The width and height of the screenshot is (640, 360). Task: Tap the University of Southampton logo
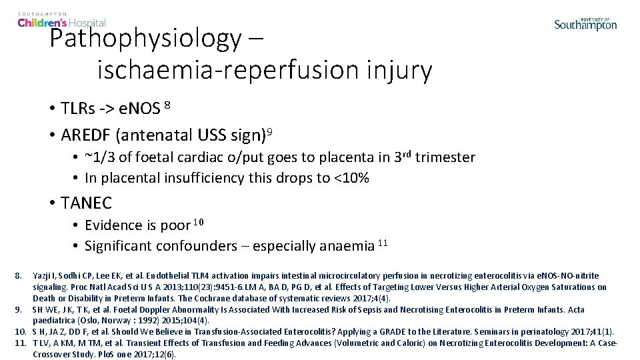[585, 24]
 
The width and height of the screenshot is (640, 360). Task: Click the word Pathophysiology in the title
[145, 39]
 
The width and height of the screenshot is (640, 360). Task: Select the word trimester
[445, 157]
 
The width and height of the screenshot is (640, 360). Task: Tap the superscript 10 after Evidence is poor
[199, 221]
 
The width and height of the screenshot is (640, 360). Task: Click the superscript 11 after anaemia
[383, 241]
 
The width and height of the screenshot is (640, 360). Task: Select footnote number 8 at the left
[19, 275]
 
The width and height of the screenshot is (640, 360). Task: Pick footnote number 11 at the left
[21, 343]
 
